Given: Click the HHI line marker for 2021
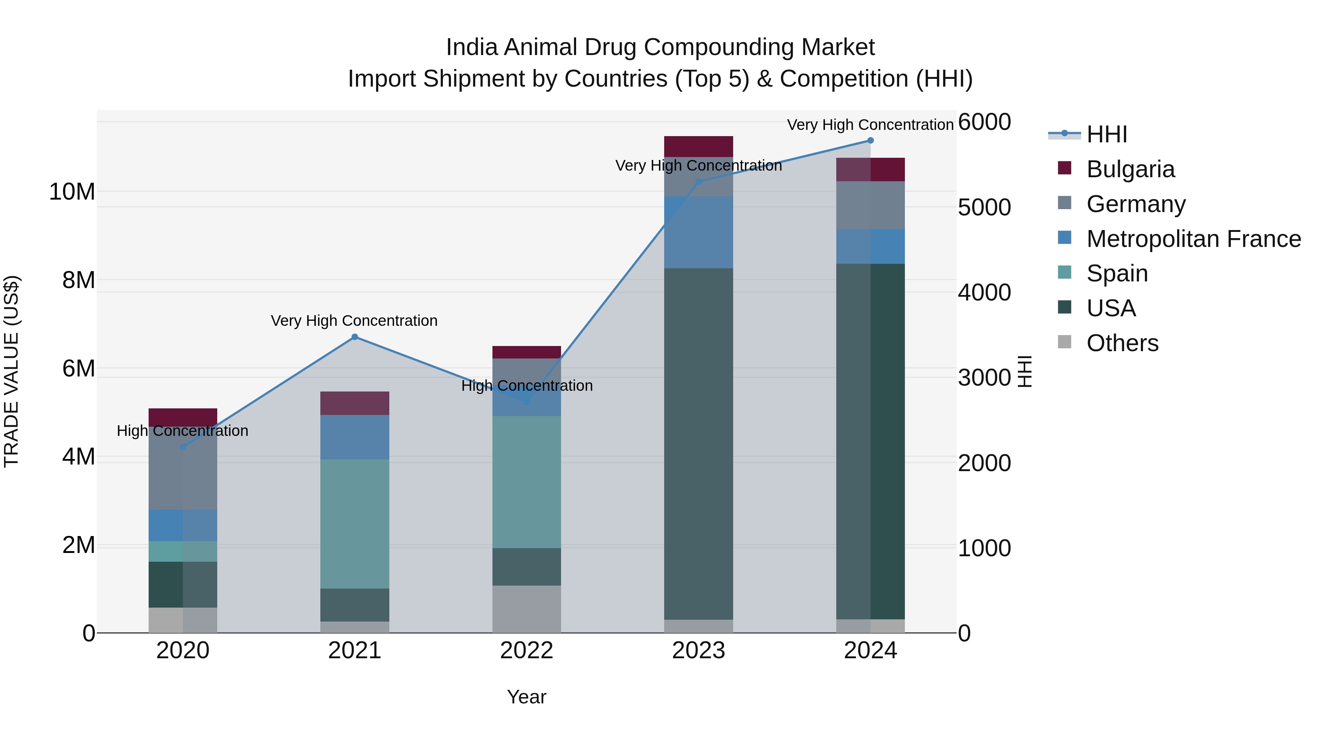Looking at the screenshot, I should click(x=354, y=337).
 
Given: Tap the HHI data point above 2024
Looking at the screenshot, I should click(x=870, y=141).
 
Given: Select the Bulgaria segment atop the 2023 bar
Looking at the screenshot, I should click(x=698, y=147).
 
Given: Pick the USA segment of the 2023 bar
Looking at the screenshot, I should click(x=698, y=444).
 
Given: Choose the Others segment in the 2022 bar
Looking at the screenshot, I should click(x=527, y=609).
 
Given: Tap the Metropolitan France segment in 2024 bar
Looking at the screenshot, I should click(x=870, y=247).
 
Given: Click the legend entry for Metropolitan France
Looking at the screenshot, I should click(x=1193, y=239).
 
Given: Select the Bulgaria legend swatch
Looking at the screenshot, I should click(x=1065, y=168).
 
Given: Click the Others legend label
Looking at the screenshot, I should click(x=1122, y=343).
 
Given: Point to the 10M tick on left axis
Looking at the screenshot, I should click(x=72, y=192).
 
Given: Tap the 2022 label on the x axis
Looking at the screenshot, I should click(x=527, y=651).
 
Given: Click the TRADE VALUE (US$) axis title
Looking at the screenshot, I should click(x=11, y=371).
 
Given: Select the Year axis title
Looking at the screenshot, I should click(x=527, y=697).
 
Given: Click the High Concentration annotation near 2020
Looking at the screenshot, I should click(x=183, y=431).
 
